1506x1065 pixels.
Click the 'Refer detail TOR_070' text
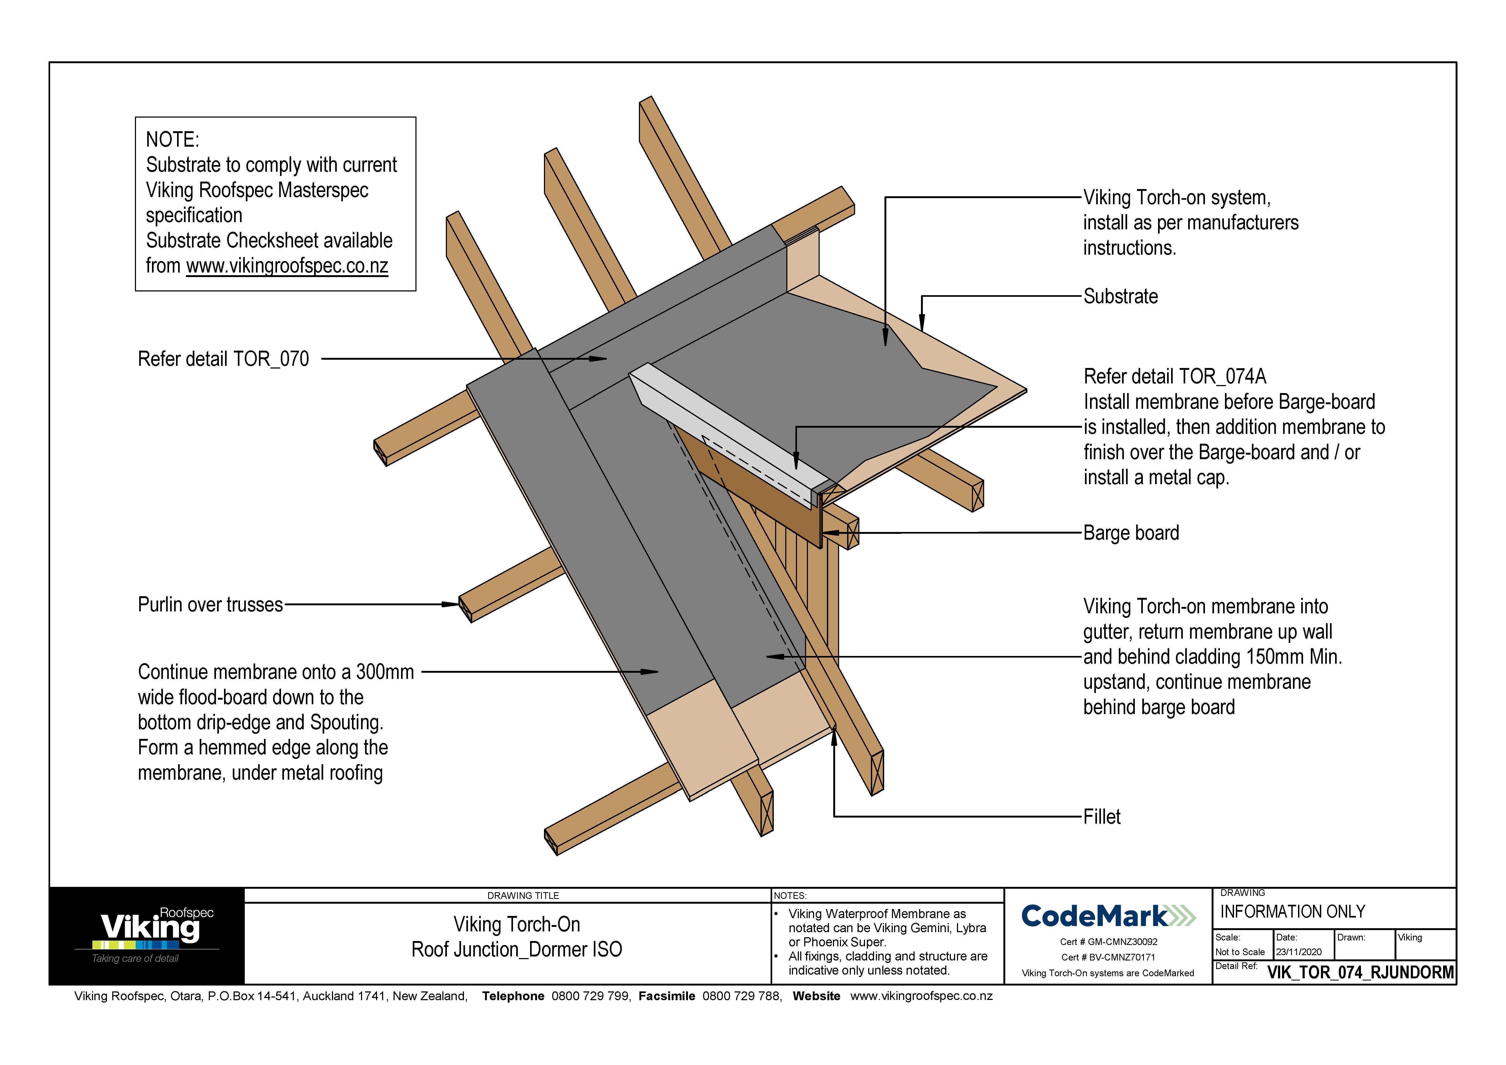tap(223, 359)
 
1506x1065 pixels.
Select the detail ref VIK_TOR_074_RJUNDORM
tap(1360, 972)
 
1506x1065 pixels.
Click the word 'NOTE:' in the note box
tap(172, 140)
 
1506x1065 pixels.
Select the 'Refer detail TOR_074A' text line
tap(1174, 377)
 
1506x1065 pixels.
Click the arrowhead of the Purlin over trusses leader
tap(451, 604)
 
